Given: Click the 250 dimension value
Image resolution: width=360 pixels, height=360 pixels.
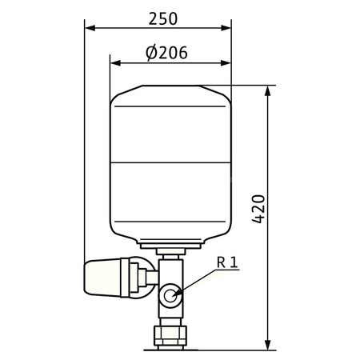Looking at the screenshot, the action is (x=163, y=19).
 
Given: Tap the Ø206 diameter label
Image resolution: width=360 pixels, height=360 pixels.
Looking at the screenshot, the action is (x=166, y=53).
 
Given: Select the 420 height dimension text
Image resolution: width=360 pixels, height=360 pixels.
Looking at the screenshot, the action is (x=258, y=209).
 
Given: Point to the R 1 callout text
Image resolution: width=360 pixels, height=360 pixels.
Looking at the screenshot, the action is (x=227, y=262).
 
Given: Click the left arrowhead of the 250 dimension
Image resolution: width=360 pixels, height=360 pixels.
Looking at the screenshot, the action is (x=90, y=28).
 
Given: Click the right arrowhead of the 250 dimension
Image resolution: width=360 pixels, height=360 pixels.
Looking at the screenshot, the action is (x=226, y=28).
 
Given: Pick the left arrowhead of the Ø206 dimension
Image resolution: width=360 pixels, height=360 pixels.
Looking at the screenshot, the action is (x=115, y=63).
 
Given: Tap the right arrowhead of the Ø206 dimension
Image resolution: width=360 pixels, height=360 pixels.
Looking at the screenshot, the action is (x=226, y=63).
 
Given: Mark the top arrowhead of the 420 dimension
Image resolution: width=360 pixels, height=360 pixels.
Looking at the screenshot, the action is (x=268, y=91).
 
